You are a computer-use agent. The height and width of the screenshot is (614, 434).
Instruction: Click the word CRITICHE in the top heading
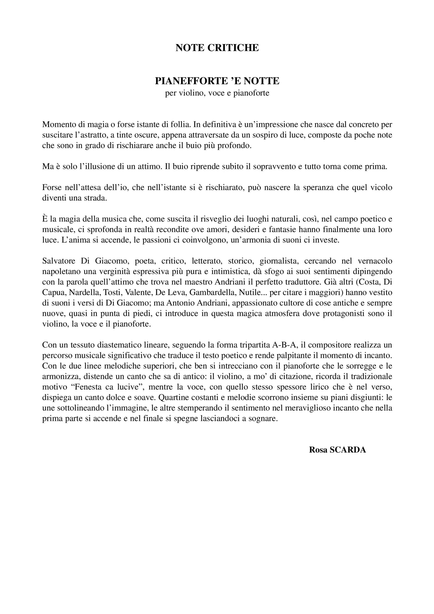pyautogui.click(x=233, y=48)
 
